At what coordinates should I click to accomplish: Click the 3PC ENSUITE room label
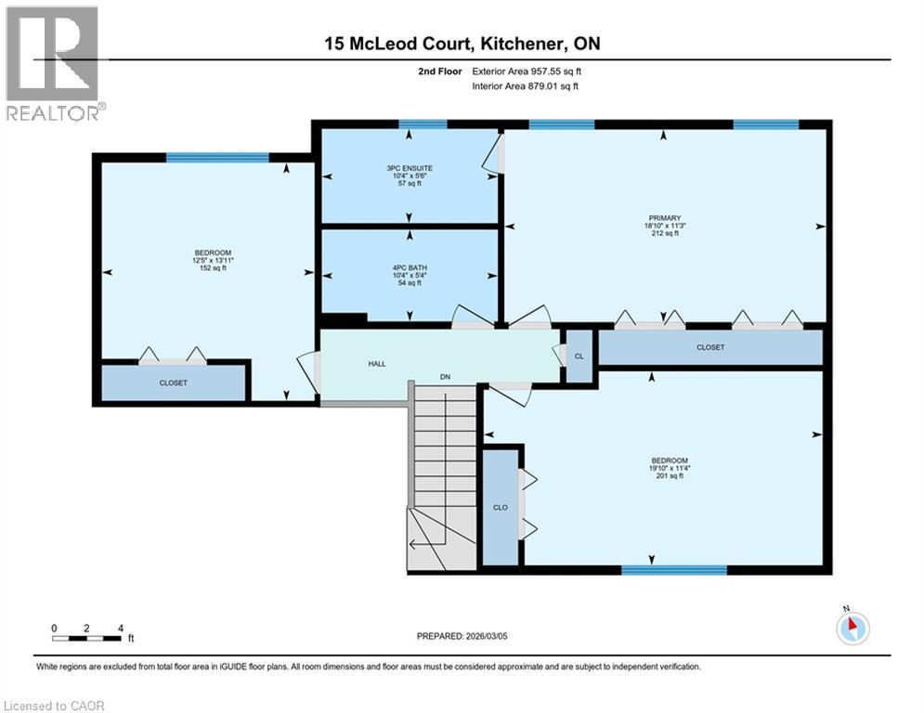[410, 168]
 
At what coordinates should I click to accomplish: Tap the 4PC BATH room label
[410, 267]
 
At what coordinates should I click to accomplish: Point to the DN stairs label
[446, 377]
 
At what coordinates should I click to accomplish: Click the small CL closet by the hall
[579, 356]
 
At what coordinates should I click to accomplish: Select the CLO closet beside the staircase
[501, 508]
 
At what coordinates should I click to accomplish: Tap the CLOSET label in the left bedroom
[173, 382]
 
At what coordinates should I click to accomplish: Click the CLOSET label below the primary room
[710, 347]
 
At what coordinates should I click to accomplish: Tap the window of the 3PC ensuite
[423, 124]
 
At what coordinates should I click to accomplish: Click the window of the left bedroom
[217, 157]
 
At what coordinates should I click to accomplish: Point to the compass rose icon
[852, 628]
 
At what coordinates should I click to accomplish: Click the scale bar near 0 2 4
[87, 638]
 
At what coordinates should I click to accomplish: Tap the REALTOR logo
[53, 63]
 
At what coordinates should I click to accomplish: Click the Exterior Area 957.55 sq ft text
[527, 71]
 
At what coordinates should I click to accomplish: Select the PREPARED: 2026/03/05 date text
[462, 636]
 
